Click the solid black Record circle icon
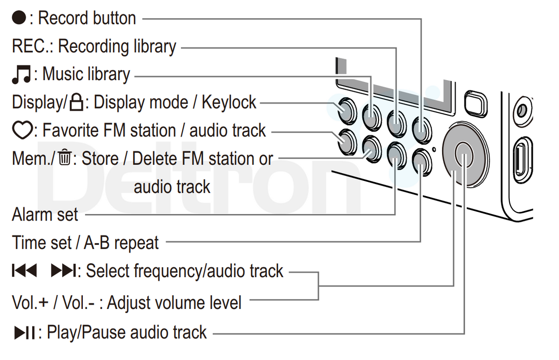(x=20, y=19)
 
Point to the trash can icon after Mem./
(x=64, y=159)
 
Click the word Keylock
(x=229, y=103)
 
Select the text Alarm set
(x=45, y=215)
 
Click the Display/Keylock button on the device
(x=344, y=110)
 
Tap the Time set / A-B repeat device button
(x=420, y=161)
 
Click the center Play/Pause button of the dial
(x=464, y=154)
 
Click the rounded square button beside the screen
(x=476, y=104)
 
